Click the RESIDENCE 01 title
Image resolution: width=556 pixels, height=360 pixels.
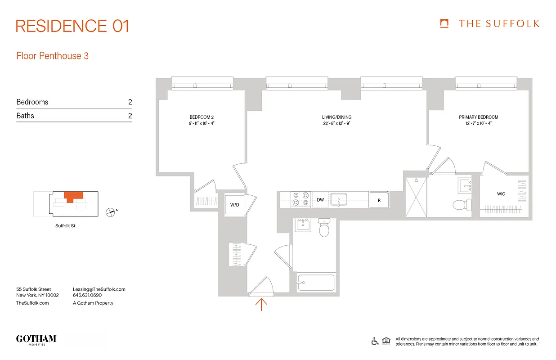click(x=72, y=26)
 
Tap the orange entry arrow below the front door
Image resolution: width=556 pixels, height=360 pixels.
click(x=261, y=304)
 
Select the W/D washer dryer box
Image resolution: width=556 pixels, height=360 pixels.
click(x=234, y=205)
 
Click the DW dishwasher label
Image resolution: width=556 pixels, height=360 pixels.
click(x=320, y=199)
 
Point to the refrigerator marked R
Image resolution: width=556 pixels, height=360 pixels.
click(x=379, y=200)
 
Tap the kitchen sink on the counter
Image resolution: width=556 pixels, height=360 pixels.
click(x=338, y=199)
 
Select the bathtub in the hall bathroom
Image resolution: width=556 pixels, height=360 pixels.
click(x=315, y=283)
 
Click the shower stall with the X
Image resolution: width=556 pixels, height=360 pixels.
click(x=416, y=197)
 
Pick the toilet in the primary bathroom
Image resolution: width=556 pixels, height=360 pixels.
click(x=460, y=204)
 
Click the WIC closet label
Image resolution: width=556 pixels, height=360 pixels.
click(x=501, y=194)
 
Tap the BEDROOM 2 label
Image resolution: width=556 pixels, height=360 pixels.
click(x=202, y=117)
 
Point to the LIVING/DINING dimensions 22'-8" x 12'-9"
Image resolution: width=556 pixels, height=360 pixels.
click(x=336, y=123)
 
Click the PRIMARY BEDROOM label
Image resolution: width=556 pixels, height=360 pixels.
click(x=479, y=117)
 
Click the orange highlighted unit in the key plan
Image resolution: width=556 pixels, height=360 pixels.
click(x=72, y=196)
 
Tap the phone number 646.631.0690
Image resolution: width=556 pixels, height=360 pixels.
click(x=87, y=296)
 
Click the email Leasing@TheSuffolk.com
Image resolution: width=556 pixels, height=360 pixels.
click(x=99, y=289)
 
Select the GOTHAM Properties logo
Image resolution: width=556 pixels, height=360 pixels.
click(x=36, y=339)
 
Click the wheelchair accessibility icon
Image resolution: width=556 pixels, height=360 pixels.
click(x=375, y=341)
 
